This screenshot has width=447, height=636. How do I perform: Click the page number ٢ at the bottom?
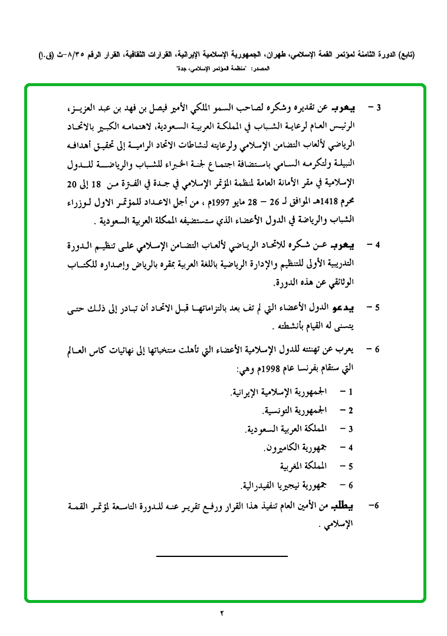[222, 614]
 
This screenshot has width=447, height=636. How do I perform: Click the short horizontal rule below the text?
[222, 556]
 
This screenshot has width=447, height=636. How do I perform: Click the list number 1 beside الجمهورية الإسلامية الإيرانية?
[350, 391]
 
